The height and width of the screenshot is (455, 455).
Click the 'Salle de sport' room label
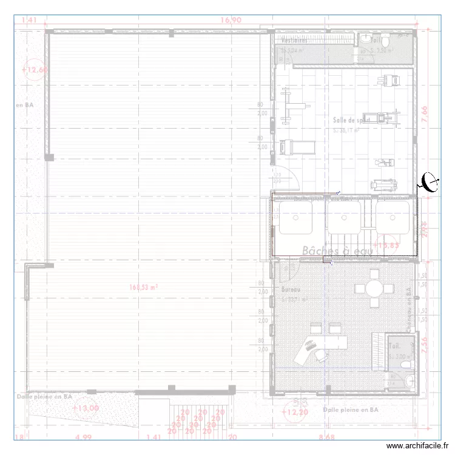[x=351, y=120]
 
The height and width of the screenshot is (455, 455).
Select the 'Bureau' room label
[x=291, y=290]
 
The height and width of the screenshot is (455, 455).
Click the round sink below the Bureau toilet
[x=408, y=382]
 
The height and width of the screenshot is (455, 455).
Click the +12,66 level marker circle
[x=34, y=70]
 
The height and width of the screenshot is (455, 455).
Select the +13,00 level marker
[x=86, y=408]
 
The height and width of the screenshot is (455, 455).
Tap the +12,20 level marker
[x=295, y=413]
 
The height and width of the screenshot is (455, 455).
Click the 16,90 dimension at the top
[x=231, y=20]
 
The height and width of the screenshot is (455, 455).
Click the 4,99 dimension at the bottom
[x=83, y=437]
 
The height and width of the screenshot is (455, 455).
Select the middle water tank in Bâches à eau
[x=344, y=217]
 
